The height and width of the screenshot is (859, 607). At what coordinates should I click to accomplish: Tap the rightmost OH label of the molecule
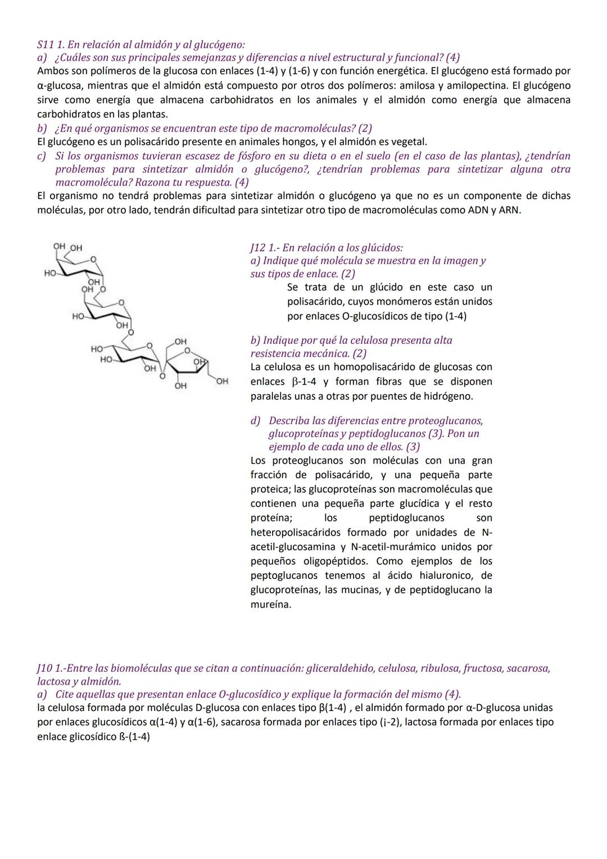coord(222,381)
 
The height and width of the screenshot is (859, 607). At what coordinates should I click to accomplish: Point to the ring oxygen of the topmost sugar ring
coord(93,259)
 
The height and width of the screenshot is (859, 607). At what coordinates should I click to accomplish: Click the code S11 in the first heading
coord(46,44)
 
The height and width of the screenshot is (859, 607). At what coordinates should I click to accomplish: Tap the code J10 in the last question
coord(45,668)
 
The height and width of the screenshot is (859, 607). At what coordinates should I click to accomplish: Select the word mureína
coord(271,605)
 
